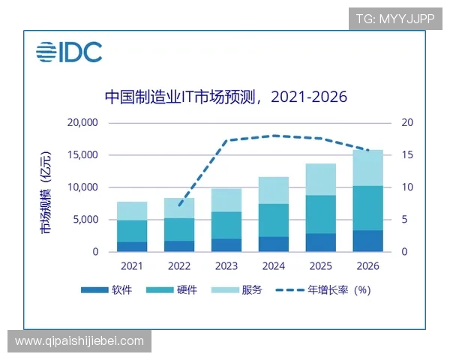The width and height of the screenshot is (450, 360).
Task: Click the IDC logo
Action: pos(69,52)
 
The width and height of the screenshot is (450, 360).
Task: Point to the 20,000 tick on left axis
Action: pos(82,122)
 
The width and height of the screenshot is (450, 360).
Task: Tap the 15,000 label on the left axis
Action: pos(82,155)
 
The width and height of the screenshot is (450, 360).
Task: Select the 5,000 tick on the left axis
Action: pos(85,220)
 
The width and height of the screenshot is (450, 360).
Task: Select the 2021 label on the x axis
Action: pos(132,265)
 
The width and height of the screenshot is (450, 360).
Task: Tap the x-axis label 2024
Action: pos(274,265)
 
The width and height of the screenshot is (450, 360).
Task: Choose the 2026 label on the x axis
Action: pos(368,265)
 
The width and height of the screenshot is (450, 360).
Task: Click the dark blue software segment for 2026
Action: pos(368,241)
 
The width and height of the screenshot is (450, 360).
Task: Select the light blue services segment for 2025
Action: pos(321,179)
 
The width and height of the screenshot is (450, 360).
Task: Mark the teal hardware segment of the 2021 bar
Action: pos(132,231)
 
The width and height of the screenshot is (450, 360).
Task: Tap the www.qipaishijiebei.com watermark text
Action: pos(79,341)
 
